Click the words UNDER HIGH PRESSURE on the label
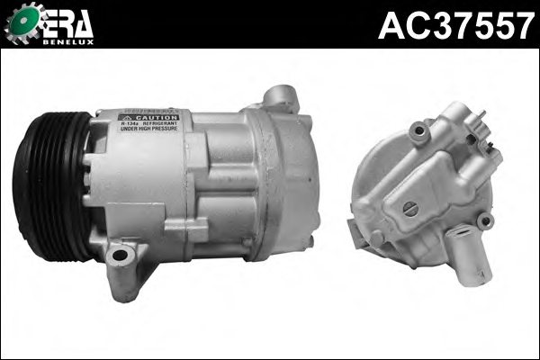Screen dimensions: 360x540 (x=148, y=134)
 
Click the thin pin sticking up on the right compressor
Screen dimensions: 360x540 (x=483, y=117)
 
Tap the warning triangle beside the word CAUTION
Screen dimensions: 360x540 (x=131, y=118)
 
